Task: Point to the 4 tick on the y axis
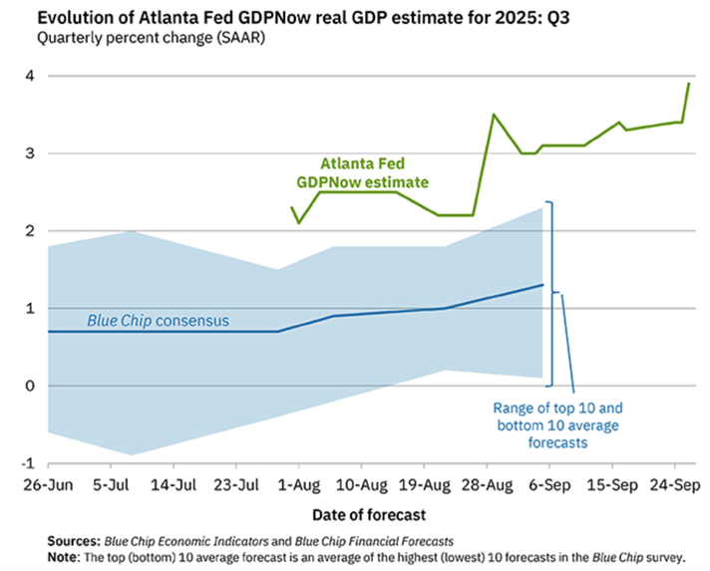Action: (29, 76)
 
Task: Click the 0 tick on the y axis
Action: (29, 386)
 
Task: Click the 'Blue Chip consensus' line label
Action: (158, 321)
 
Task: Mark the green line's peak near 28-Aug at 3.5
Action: (494, 115)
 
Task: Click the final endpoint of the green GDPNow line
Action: (689, 84)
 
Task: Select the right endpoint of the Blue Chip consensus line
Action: (542, 285)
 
